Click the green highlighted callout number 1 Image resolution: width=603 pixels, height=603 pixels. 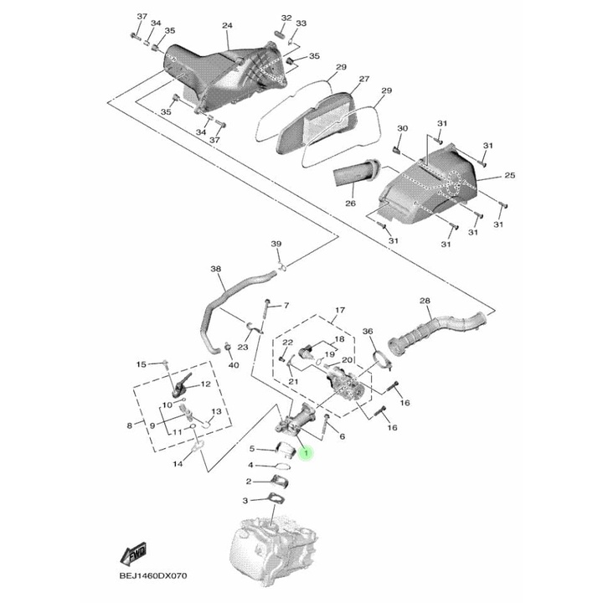point(307,454)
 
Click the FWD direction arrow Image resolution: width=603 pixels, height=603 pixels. point(134,554)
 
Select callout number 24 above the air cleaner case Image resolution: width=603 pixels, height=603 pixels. point(226,26)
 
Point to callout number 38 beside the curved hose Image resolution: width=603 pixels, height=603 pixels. point(215,269)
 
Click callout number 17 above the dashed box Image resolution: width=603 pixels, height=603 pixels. point(339,310)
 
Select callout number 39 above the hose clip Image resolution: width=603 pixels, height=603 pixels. point(276,243)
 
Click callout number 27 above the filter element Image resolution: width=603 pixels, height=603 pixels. point(364,80)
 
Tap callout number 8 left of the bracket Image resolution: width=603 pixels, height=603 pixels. point(130,425)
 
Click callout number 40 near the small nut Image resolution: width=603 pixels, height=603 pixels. point(234,366)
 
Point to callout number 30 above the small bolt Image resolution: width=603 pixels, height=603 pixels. point(402,128)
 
